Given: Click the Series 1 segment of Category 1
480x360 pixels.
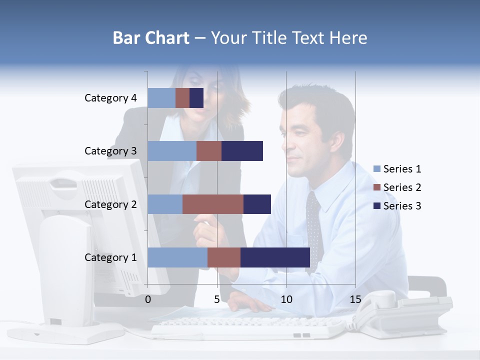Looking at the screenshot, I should pyautogui.click(x=177, y=257).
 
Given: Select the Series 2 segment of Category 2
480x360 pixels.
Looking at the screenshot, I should pyautogui.click(x=212, y=204).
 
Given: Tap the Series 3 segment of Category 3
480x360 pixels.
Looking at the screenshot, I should pyautogui.click(x=242, y=151).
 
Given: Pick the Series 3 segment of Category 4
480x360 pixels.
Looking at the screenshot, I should pyautogui.click(x=196, y=98).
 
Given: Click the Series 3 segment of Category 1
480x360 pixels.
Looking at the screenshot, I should pyautogui.click(x=275, y=257).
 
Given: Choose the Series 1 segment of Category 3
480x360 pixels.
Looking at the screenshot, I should pyautogui.click(x=172, y=151).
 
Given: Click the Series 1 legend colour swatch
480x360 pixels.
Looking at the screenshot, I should pyautogui.click(x=377, y=169).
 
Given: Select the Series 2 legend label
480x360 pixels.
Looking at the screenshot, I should pyautogui.click(x=402, y=187).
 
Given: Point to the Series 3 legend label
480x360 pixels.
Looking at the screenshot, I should pyautogui.click(x=402, y=206).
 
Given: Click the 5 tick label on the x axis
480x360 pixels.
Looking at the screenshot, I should pyautogui.click(x=217, y=299).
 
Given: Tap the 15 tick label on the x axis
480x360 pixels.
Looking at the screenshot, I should pyautogui.click(x=355, y=299).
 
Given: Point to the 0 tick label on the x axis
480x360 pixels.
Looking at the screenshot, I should pyautogui.click(x=148, y=299).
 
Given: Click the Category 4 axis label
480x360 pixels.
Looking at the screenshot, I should pyautogui.click(x=110, y=98).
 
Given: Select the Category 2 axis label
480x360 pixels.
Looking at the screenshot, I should pyautogui.click(x=110, y=204).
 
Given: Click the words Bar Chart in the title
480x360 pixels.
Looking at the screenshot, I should pyautogui.click(x=150, y=38).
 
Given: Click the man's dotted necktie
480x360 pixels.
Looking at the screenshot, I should pyautogui.click(x=314, y=225).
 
